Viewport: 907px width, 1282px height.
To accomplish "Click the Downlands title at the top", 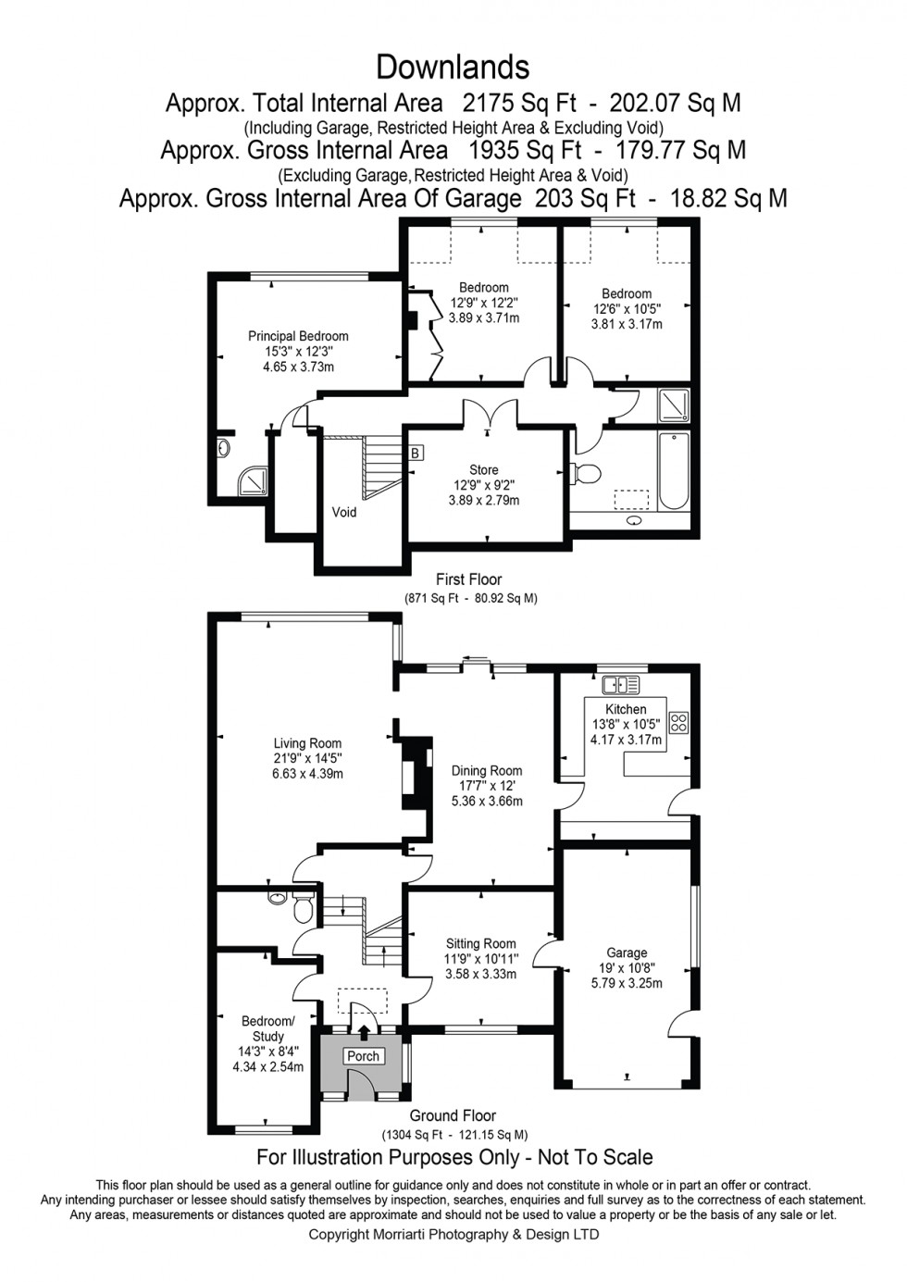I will (x=453, y=68).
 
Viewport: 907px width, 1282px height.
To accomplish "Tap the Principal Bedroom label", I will (x=298, y=336).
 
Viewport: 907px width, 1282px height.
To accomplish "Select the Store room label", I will (x=483, y=470).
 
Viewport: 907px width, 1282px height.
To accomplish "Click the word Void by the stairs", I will (x=344, y=512).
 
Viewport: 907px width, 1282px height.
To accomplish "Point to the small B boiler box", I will (x=416, y=453).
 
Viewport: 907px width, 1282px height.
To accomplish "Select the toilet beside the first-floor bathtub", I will (x=585, y=474).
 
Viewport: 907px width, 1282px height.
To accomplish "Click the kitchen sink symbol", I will (x=620, y=685).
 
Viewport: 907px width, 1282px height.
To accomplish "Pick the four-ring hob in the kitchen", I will (x=678, y=722).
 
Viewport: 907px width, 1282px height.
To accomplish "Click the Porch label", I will (x=363, y=1056).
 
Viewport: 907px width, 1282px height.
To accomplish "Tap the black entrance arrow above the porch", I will (x=363, y=1032).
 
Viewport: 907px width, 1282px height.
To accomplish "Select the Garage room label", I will (x=627, y=952).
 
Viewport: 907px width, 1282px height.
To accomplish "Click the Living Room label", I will (x=307, y=743).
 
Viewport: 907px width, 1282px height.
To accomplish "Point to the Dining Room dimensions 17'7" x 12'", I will (x=487, y=786).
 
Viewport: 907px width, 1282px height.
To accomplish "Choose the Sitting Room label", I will (x=480, y=944).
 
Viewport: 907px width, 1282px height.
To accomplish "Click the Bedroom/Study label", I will (x=267, y=1028).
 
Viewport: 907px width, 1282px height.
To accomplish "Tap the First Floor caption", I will (x=468, y=579).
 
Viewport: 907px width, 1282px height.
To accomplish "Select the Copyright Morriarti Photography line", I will (x=453, y=1235).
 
